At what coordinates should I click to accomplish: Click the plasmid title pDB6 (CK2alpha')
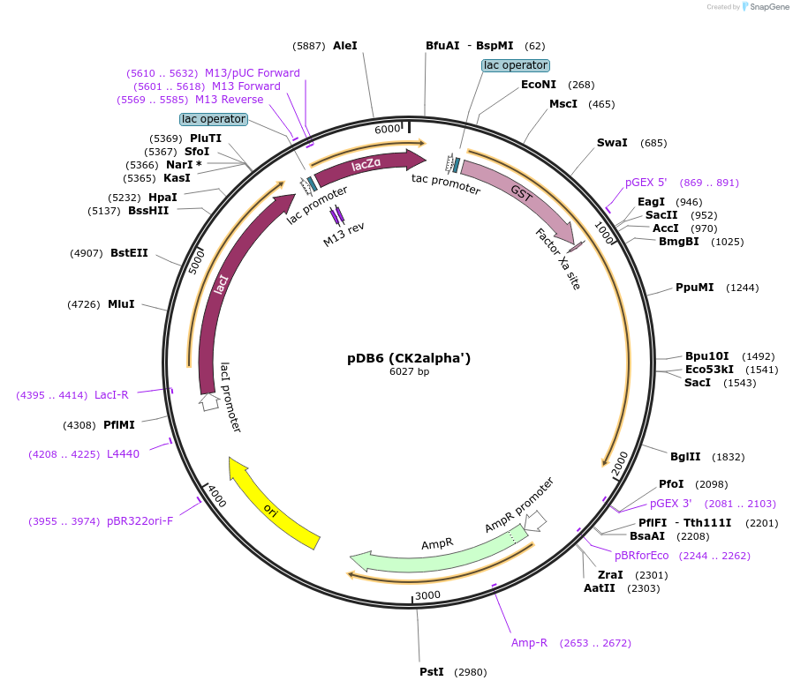(x=409, y=358)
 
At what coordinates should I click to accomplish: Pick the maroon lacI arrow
(x=222, y=282)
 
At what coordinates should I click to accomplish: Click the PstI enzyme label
(x=431, y=672)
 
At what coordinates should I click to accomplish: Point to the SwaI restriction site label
(x=612, y=142)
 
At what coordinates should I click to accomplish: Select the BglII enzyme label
(x=684, y=456)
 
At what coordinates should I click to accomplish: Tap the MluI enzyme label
(x=121, y=304)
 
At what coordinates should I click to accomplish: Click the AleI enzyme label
(x=345, y=45)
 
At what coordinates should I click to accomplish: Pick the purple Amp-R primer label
(x=529, y=643)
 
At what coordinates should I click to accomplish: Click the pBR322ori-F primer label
(x=140, y=521)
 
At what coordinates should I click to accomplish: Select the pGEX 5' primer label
(x=646, y=183)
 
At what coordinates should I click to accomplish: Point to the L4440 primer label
(x=123, y=454)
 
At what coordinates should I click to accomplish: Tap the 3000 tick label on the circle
(x=427, y=595)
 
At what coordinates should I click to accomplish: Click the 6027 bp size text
(x=409, y=372)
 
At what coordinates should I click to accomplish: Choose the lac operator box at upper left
(x=213, y=119)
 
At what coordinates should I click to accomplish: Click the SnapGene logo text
(x=769, y=7)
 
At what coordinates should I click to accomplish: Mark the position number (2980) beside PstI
(x=470, y=672)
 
